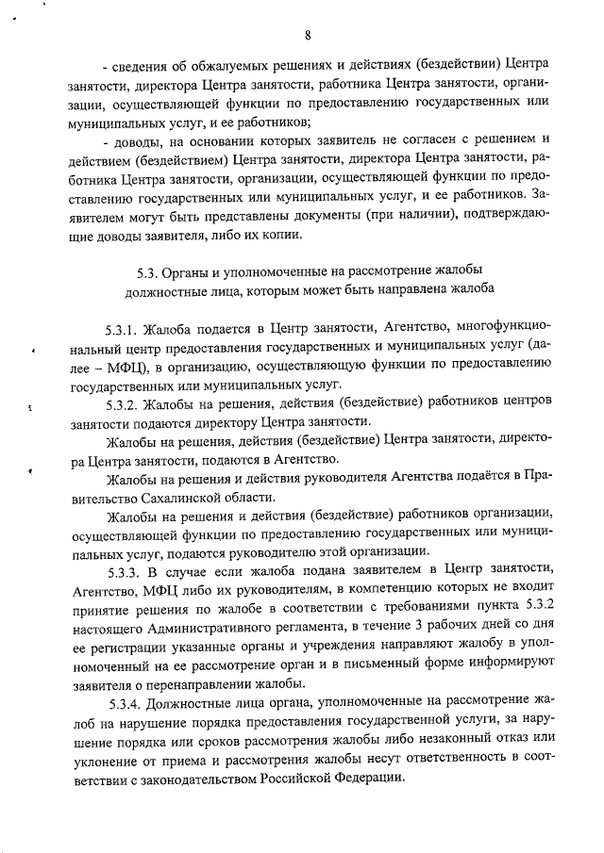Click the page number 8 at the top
coord(309,35)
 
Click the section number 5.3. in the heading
coord(148,273)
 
